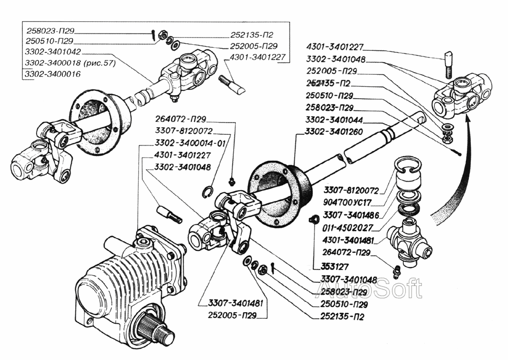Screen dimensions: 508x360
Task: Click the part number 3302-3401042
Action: click(53, 52)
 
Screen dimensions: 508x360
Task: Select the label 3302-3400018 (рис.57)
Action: click(70, 63)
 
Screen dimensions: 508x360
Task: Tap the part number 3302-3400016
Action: click(53, 74)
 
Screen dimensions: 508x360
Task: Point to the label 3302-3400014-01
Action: click(190, 143)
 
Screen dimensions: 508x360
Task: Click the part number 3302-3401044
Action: click(334, 120)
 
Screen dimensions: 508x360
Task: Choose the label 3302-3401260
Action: click(334, 132)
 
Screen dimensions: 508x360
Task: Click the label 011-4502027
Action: click(347, 228)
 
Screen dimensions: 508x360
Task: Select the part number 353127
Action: click(335, 266)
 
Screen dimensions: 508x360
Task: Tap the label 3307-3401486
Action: click(351, 215)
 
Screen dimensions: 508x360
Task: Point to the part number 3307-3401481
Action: click(236, 303)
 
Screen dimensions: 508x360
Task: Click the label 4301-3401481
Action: click(348, 241)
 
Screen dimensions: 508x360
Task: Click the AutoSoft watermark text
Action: click(369, 288)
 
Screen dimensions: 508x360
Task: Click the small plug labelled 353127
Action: click(313, 220)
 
